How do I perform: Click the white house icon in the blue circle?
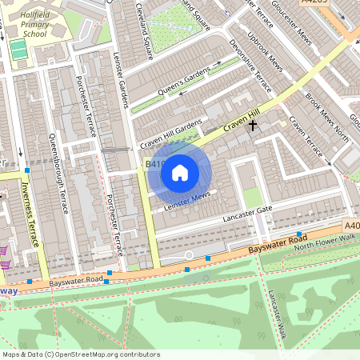180,172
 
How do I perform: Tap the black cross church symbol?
254,125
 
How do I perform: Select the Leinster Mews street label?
186,201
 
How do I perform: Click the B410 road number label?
155,164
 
